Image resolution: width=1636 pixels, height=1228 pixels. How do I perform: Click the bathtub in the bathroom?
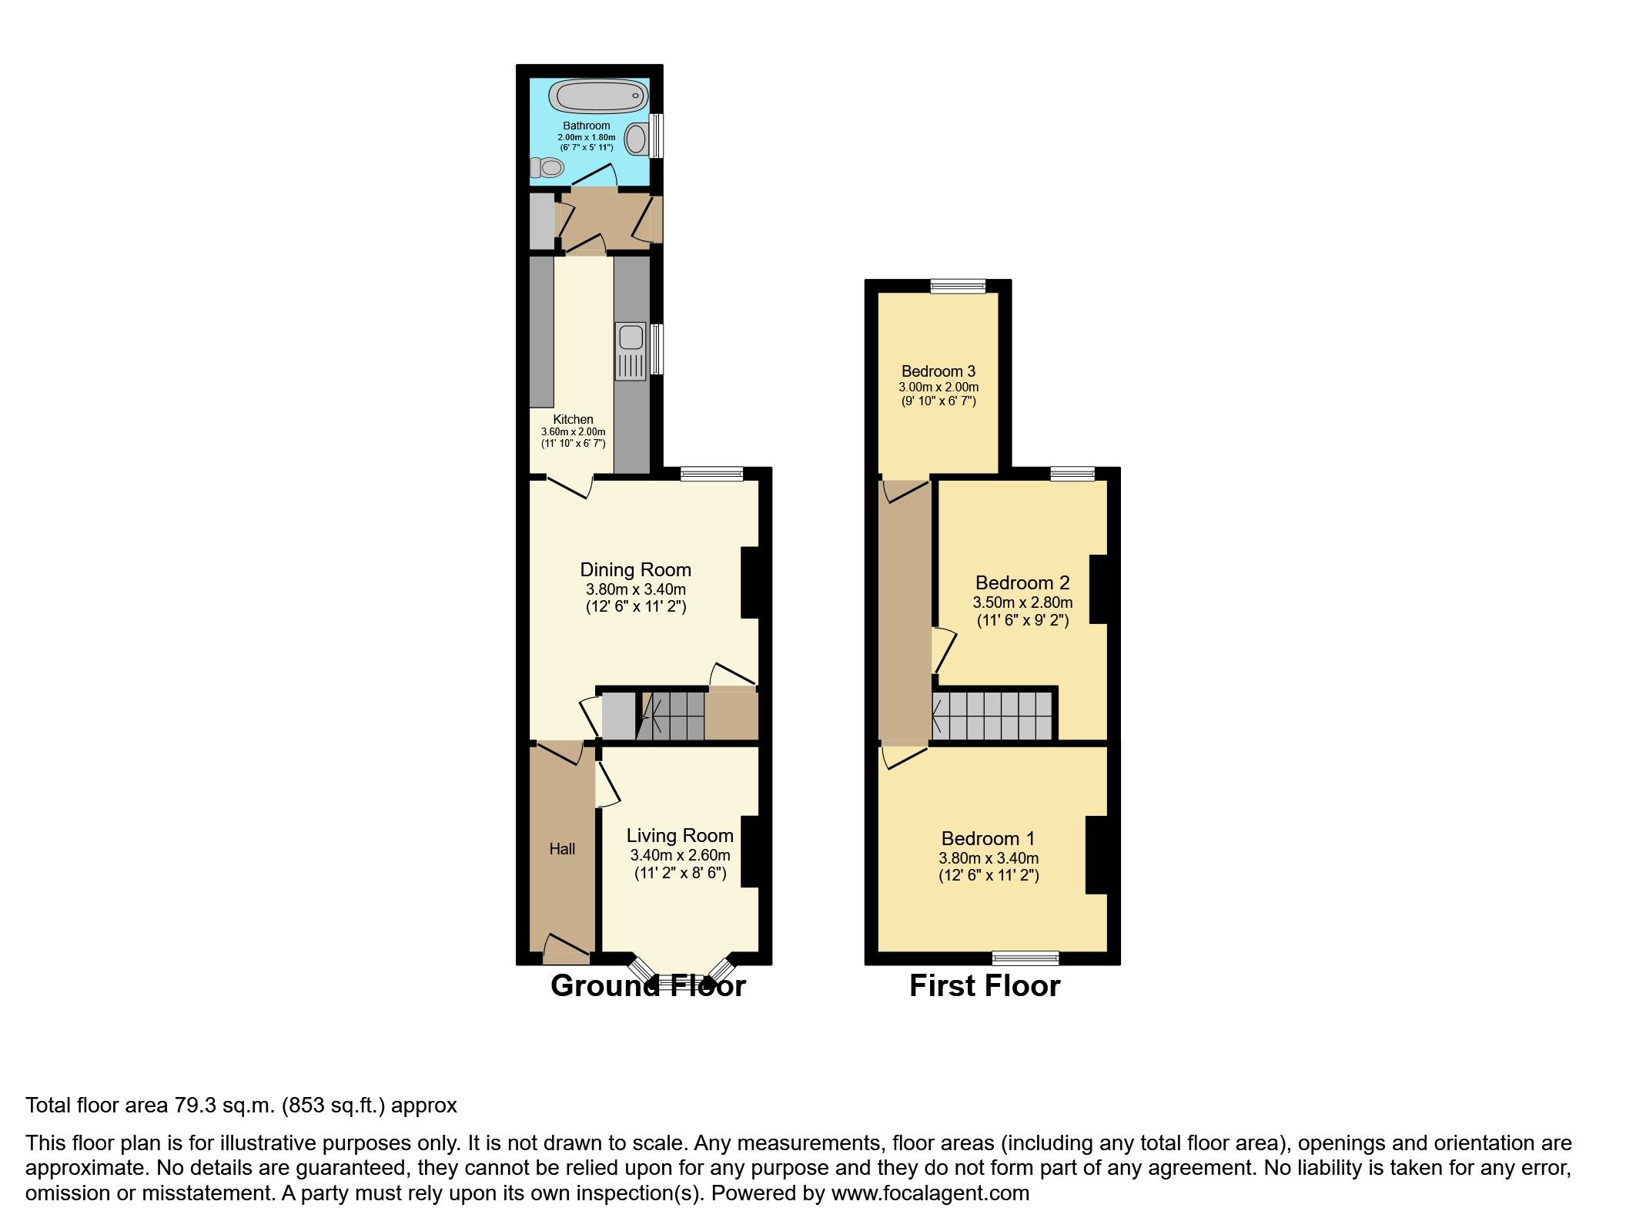tap(597, 98)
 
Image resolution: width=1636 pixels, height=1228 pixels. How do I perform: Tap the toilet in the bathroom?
tap(547, 166)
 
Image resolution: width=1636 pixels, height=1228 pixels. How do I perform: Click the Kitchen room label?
tap(573, 420)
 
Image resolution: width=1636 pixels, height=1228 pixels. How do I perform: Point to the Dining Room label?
tap(635, 570)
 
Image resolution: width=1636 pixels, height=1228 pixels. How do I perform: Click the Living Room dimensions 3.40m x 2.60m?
tap(680, 855)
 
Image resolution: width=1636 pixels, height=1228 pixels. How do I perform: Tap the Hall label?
tap(562, 849)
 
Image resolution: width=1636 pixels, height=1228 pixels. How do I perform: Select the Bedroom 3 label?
tap(938, 371)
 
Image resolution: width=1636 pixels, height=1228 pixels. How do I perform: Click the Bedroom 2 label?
tap(1022, 583)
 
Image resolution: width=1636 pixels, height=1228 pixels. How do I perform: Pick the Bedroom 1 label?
tap(988, 838)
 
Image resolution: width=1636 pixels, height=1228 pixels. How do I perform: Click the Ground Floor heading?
tap(648, 987)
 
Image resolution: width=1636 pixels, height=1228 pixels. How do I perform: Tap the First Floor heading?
tap(985, 987)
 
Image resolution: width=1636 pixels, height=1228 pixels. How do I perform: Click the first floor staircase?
tap(992, 716)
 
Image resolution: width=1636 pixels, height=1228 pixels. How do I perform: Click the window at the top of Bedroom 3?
tap(958, 287)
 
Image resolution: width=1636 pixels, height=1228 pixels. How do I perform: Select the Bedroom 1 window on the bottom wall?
tap(1025, 958)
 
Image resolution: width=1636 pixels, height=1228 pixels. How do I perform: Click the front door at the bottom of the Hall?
tap(567, 952)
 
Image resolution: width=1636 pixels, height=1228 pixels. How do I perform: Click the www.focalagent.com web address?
tap(930, 1193)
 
